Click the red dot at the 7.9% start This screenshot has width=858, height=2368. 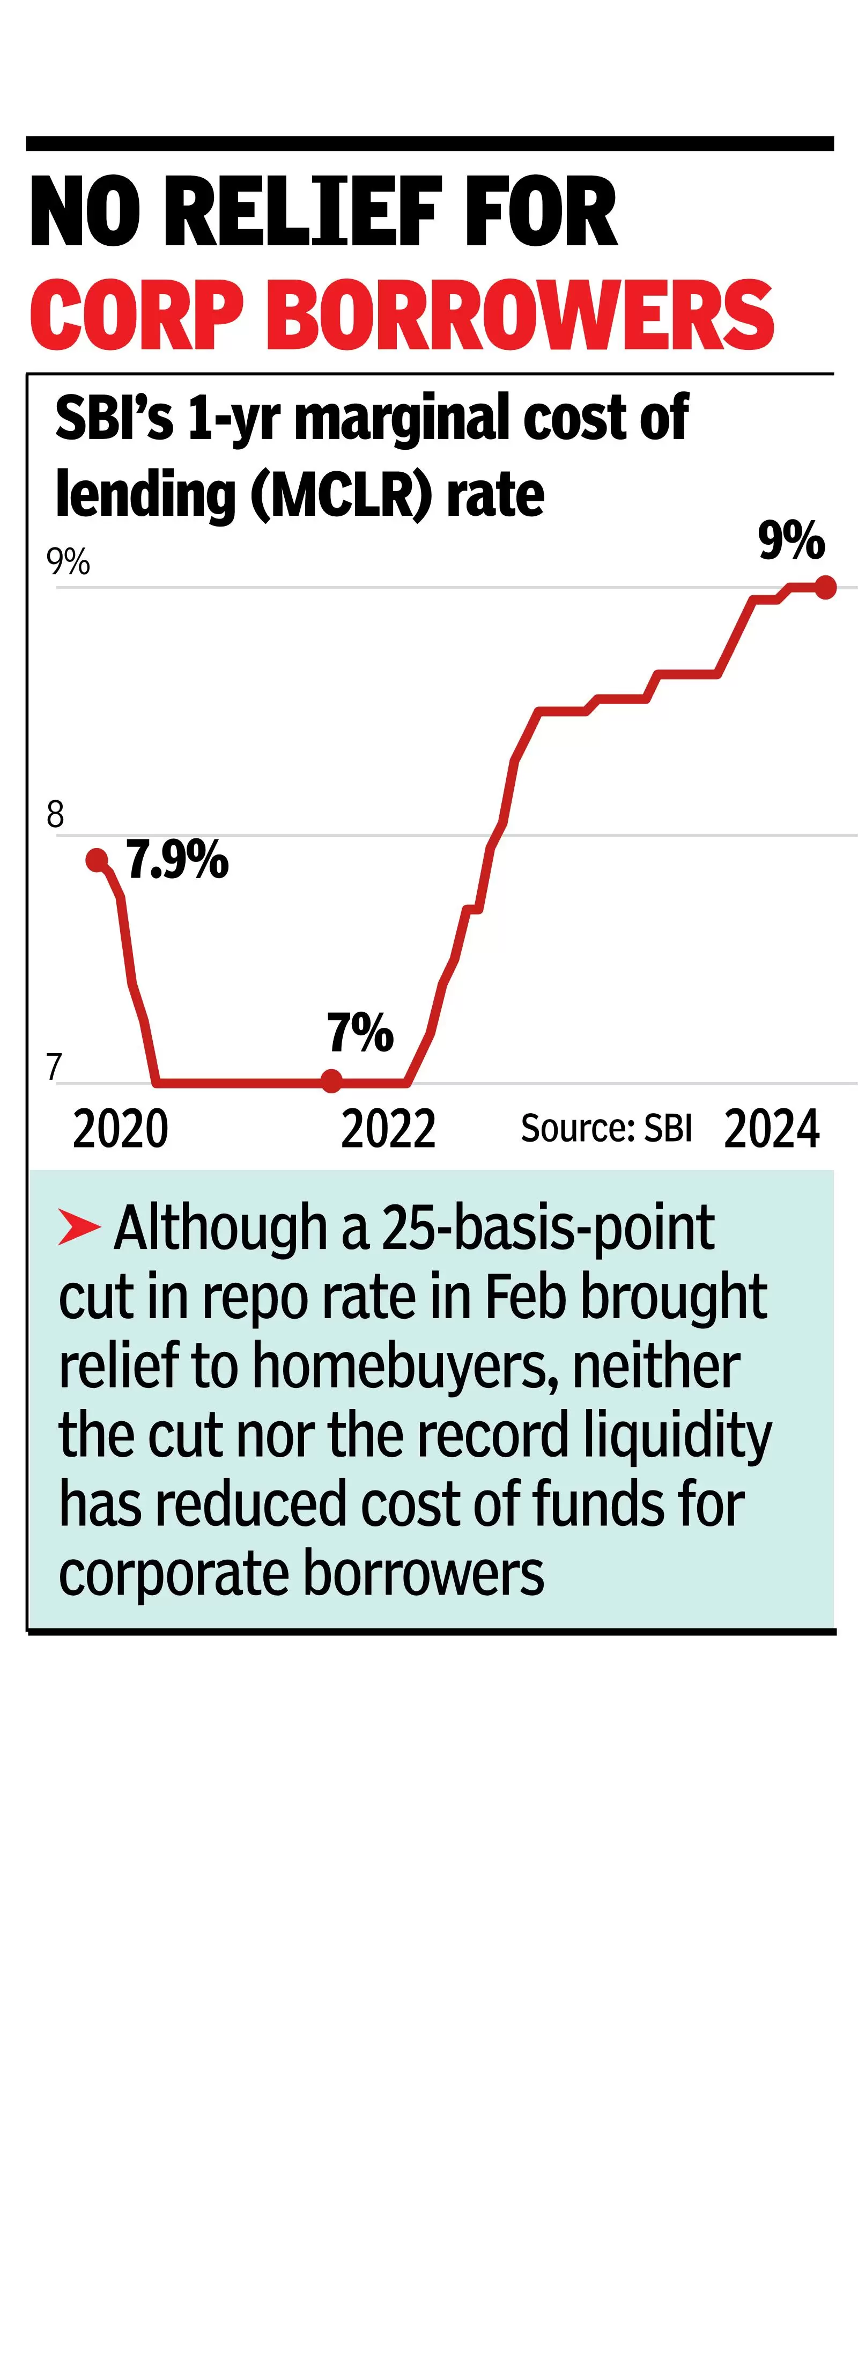97,860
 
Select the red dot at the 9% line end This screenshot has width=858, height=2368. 825,587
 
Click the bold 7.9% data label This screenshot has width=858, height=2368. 177,860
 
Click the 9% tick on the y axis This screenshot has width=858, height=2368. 68,561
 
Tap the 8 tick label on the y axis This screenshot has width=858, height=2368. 55,814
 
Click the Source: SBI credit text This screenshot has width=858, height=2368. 605,1128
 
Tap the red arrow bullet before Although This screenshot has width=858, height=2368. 79,1227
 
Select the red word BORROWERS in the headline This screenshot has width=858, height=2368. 523,315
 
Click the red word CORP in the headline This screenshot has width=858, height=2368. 136,315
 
